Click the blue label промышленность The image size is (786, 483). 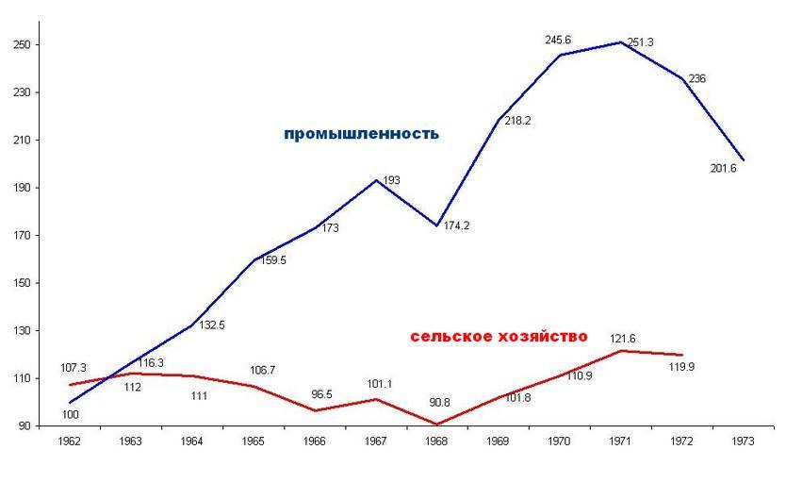coord(361,134)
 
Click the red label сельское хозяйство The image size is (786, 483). coord(499,336)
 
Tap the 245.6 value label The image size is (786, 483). coord(558,41)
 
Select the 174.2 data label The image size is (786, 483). coord(457,227)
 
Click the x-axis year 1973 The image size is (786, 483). coord(744,440)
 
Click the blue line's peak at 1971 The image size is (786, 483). coord(621,42)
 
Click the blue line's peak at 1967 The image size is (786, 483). coord(376,180)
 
